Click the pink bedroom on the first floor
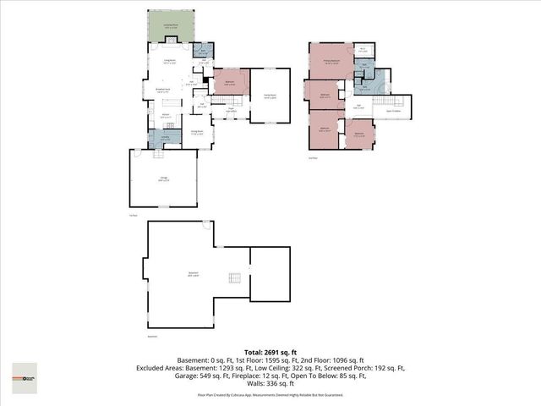coord(230,83)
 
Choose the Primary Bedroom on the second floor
coord(330,61)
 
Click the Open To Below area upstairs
coord(394,109)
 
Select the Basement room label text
coord(194,272)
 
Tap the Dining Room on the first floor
coord(196,132)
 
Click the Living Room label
coord(169,61)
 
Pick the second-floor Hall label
coord(358,107)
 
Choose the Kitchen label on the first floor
coord(167,116)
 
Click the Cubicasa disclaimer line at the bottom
coord(270,394)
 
